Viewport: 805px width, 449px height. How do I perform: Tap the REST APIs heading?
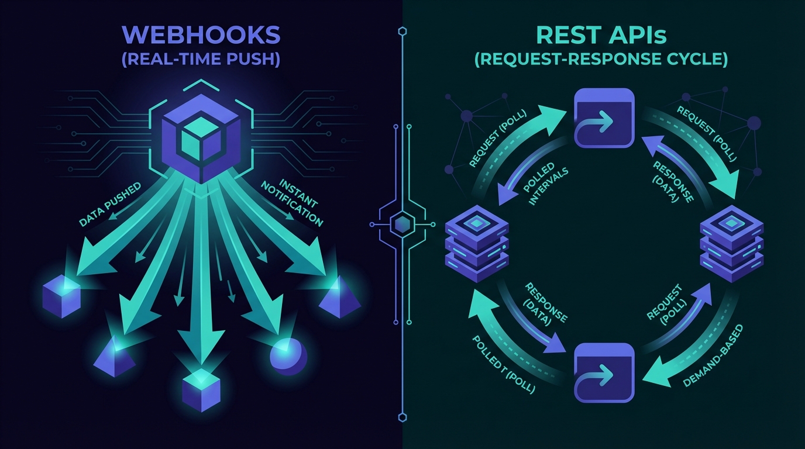601,36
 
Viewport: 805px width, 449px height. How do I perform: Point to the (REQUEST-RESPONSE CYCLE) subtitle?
601,60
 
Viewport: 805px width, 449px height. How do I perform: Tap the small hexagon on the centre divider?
402,224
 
